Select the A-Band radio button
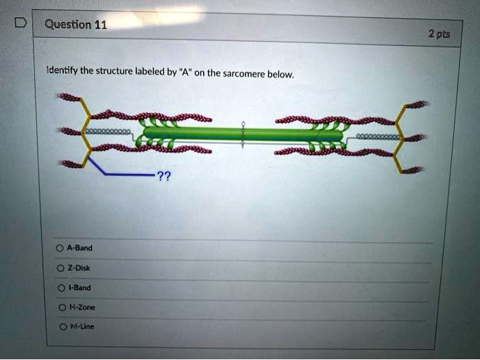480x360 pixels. (60, 248)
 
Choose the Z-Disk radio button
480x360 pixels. (60, 269)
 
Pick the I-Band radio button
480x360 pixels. (62, 288)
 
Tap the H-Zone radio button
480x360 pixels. (62, 307)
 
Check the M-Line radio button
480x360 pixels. (63, 327)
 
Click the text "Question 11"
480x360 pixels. (76, 25)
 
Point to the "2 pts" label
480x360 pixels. (439, 34)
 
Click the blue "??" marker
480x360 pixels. (164, 177)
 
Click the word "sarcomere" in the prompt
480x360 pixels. (244, 74)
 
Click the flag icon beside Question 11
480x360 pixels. (21, 23)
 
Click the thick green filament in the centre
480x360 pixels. (243, 134)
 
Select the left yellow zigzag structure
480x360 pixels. (86, 132)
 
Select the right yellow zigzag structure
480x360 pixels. (400, 139)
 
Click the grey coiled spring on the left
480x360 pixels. (107, 132)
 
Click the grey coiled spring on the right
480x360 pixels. (377, 137)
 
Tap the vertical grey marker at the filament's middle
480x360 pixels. (243, 134)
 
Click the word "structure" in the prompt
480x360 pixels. (115, 71)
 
